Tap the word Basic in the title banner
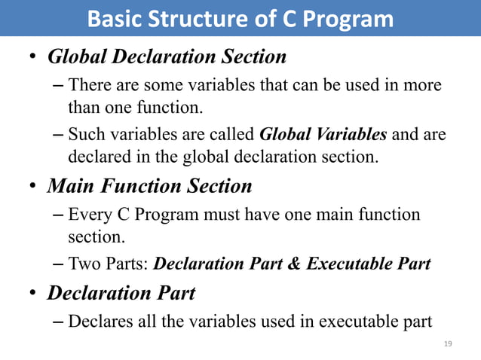(x=112, y=19)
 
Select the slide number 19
(x=448, y=343)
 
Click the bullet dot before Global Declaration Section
(x=33, y=58)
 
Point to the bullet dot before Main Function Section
(x=33, y=186)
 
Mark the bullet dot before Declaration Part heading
(x=33, y=294)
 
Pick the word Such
(x=85, y=136)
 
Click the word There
(x=89, y=86)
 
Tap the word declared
(x=98, y=158)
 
